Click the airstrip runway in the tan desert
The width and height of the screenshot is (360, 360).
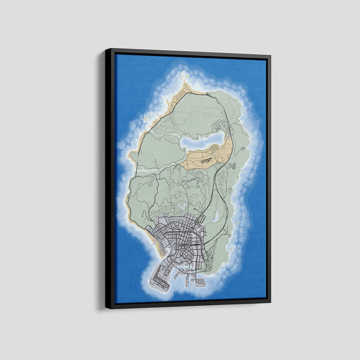click(207, 161)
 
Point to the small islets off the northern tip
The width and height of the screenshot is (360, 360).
click(182, 76)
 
